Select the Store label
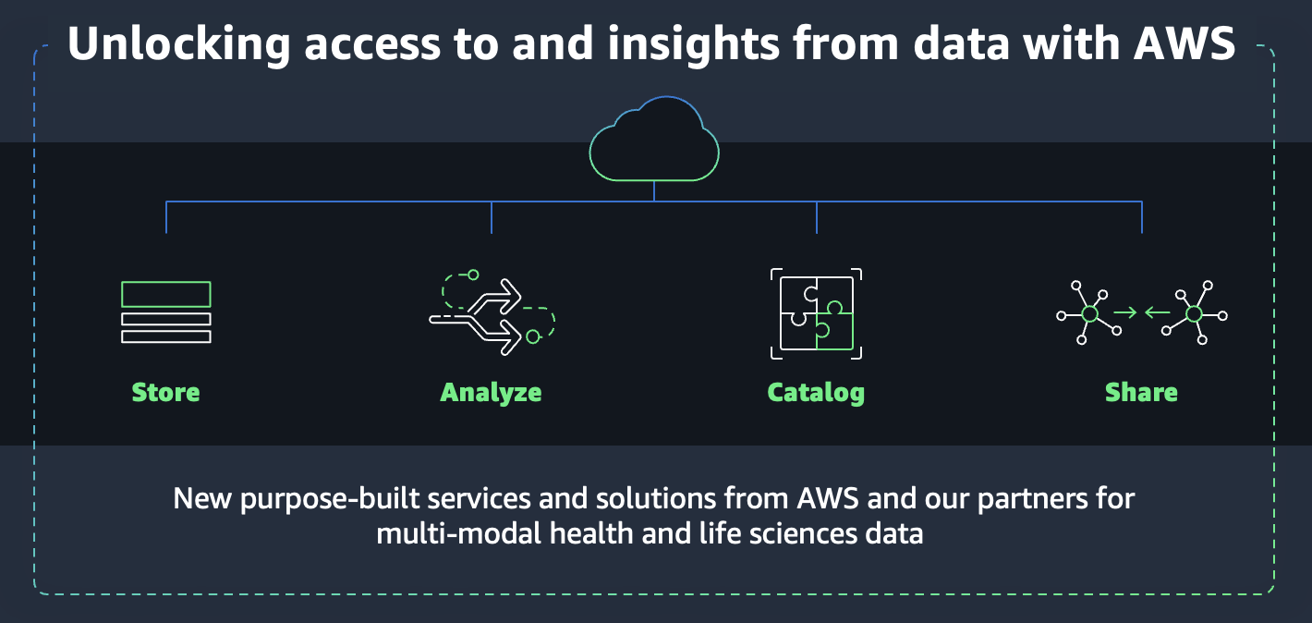(165, 392)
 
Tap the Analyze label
(491, 392)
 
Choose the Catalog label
(816, 392)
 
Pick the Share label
(1141, 392)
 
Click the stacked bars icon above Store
(166, 312)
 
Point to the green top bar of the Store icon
(166, 294)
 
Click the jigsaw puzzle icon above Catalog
(816, 314)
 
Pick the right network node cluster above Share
(1193, 314)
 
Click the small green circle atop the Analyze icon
(473, 275)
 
